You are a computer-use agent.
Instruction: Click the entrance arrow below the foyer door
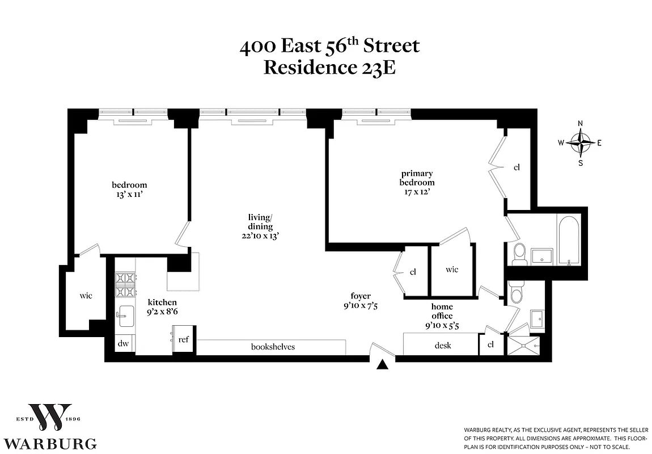point(384,365)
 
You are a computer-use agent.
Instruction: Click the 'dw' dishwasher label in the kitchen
point(124,343)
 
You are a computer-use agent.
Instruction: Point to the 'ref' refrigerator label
point(183,340)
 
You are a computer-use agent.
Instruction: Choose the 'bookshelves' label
point(273,346)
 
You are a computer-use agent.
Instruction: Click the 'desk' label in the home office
point(443,344)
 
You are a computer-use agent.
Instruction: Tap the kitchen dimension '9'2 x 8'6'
point(162,312)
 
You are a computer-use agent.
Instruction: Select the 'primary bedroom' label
point(417,178)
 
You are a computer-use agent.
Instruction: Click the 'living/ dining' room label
point(260,222)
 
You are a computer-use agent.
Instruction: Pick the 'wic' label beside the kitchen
point(86,296)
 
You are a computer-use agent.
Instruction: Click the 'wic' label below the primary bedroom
point(452,270)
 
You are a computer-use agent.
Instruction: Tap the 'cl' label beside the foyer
point(413,272)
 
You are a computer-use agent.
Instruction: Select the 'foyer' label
point(361,296)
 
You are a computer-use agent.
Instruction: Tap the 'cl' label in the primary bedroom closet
point(516,167)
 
